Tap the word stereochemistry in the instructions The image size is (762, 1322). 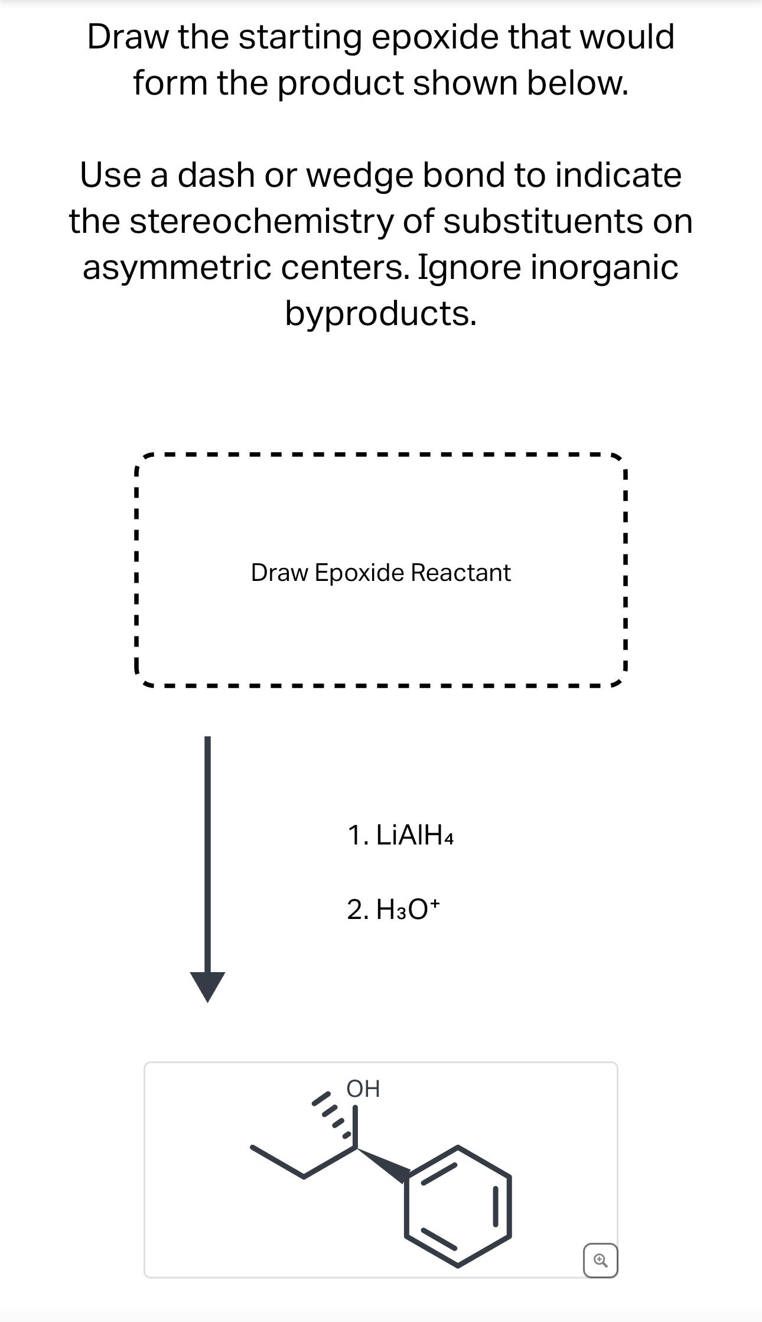[x=260, y=222]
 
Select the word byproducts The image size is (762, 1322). [x=380, y=313]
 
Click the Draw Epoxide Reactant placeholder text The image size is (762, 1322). [x=380, y=573]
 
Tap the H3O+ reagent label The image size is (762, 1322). [x=408, y=909]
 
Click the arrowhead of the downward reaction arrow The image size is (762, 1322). [x=207, y=985]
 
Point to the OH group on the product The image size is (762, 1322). [x=363, y=1089]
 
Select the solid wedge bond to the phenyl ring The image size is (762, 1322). [x=383, y=1164]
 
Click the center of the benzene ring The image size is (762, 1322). [x=458, y=1206]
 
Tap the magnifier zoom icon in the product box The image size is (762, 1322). [x=600, y=1261]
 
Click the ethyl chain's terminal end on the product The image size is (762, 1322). [x=253, y=1148]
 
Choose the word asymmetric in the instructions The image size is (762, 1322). [x=178, y=267]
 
